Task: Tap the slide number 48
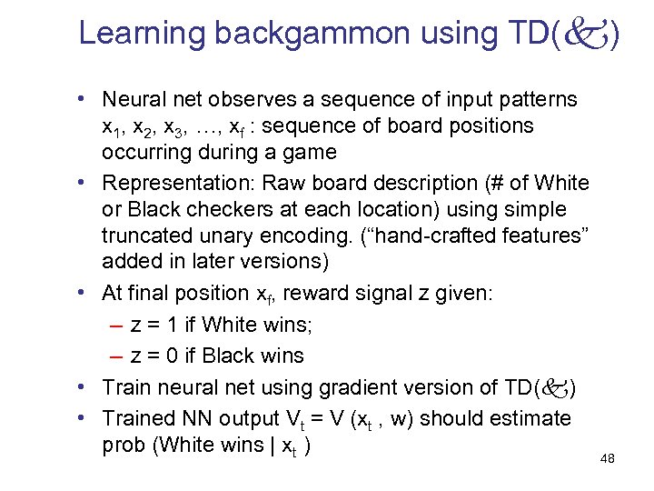point(608,459)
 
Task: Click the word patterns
point(537,98)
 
